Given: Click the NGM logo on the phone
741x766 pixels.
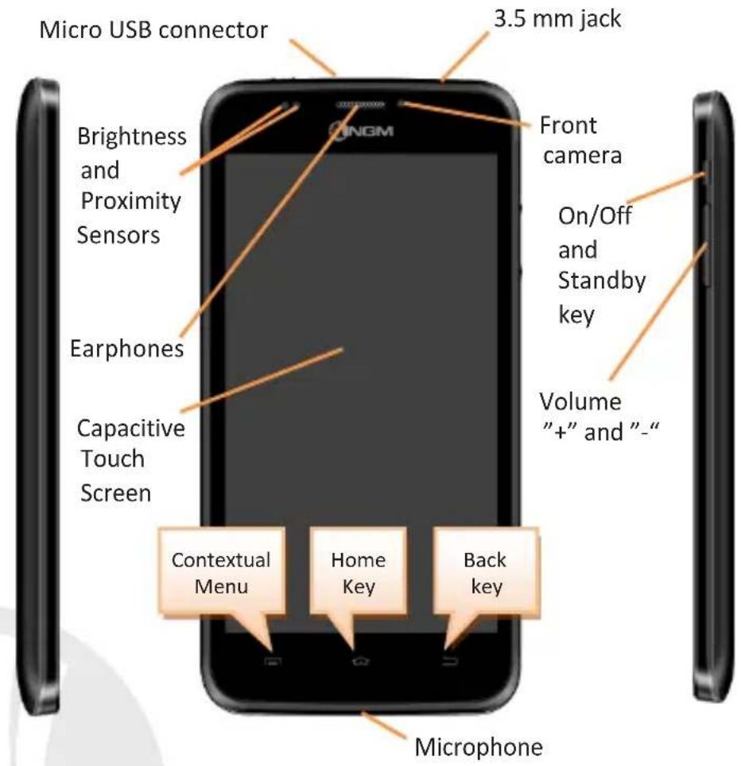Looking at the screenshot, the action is tap(361, 130).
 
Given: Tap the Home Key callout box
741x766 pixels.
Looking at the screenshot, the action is tap(359, 571).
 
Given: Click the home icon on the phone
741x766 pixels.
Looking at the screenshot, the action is tap(361, 661).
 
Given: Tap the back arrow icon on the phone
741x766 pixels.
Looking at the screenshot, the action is tap(450, 661).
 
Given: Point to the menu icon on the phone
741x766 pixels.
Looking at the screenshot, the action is tap(273, 661).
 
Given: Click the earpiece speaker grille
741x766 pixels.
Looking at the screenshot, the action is tap(360, 105).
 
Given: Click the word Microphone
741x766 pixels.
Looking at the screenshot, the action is tap(479, 747).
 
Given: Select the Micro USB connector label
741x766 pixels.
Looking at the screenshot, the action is tap(153, 30).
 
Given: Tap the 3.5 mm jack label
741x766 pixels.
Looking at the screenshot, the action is tap(557, 19).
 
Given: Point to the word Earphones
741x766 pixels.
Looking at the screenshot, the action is tap(127, 349).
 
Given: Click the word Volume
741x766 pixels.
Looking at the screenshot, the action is tap(580, 401).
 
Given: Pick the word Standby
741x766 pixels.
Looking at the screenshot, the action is tap(602, 281).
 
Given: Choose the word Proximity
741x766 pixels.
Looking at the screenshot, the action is tap(131, 201).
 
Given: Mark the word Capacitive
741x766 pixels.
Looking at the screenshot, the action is tap(131, 428).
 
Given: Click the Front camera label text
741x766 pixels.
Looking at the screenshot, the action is tap(580, 140).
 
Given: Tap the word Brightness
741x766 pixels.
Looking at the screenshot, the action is tap(132, 137).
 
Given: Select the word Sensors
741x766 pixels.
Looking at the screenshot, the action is tap(118, 235).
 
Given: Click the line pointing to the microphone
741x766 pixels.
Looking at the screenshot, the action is tap(384, 725).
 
